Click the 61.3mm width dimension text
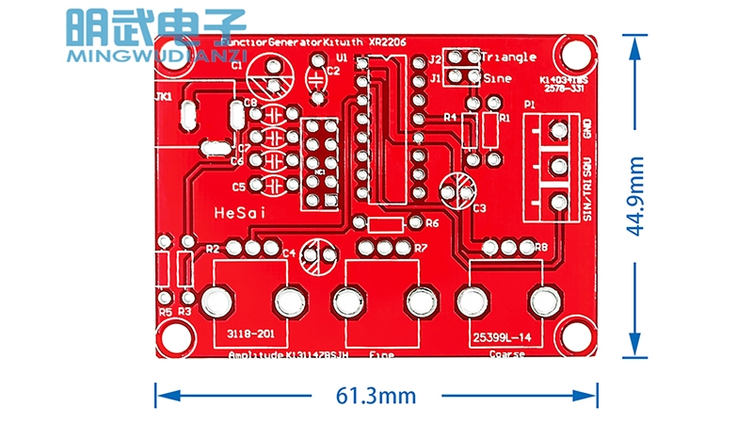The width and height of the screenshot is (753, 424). click(x=375, y=397)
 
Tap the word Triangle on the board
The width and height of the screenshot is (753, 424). click(x=508, y=57)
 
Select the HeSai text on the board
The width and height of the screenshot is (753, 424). click(x=241, y=214)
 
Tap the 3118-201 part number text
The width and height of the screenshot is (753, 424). click(x=248, y=334)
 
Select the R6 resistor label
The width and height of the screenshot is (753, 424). click(x=432, y=224)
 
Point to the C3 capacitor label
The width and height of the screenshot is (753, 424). click(x=480, y=207)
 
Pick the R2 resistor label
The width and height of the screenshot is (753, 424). click(x=213, y=249)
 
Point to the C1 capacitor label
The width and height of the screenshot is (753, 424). click(x=236, y=66)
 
